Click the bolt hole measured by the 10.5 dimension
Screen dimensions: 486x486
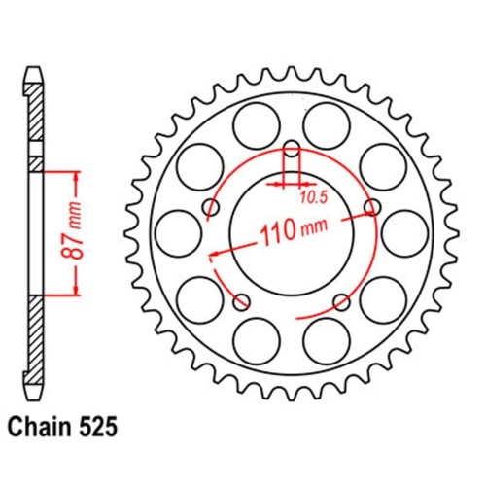click(x=291, y=151)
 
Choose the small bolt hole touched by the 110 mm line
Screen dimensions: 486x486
click(x=369, y=205)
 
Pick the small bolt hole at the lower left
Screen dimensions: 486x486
click(x=242, y=299)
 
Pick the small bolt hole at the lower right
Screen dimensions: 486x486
click(x=339, y=299)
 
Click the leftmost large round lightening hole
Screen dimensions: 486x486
click(x=176, y=232)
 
